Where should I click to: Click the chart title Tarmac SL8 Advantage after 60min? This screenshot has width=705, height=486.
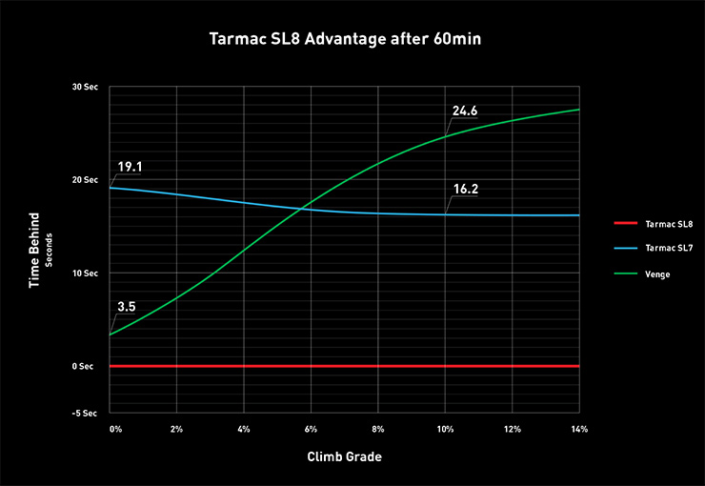pos(352,41)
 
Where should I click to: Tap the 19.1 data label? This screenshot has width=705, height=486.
pos(130,167)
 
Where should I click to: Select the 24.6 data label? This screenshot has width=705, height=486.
pos(465,111)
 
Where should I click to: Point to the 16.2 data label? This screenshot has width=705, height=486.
pos(465,189)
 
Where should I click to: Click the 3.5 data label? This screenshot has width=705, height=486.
pos(127,307)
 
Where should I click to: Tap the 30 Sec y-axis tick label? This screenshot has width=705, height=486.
pos(84,87)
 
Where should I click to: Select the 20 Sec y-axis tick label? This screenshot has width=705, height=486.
pos(84,180)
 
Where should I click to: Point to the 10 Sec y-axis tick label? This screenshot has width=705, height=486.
pos(84,273)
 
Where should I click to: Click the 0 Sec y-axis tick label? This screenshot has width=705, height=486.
pos(86,366)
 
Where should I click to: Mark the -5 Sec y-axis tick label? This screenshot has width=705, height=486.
pos(85,413)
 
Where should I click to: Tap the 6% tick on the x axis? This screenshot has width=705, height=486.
pos(311,430)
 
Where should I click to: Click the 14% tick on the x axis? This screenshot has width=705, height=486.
pos(578,430)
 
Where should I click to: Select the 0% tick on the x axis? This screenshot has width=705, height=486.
pos(116,430)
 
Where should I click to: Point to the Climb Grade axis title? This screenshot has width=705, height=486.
pos(344,457)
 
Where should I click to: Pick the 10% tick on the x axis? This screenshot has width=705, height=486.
pos(444,430)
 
